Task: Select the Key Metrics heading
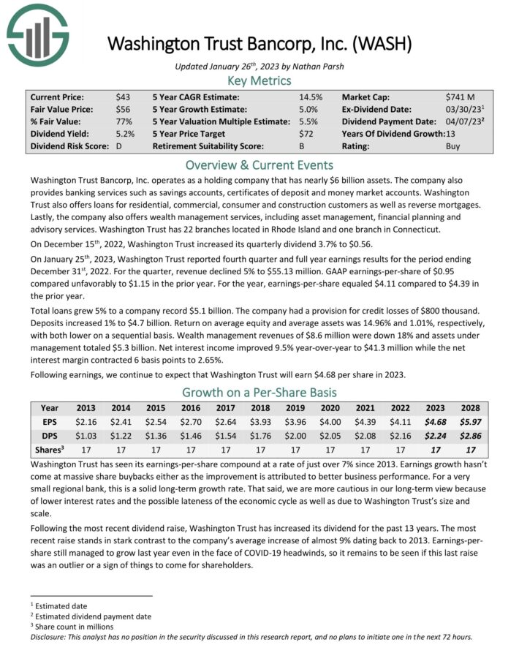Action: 259,80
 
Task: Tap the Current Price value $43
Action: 123,97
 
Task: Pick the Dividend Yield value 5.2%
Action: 125,134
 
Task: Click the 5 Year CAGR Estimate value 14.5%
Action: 309,97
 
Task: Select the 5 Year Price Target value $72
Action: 306,134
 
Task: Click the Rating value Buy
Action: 453,146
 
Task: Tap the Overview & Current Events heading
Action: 259,165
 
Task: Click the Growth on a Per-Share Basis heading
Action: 259,390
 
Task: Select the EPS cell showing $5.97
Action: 469,421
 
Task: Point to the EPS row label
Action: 50,421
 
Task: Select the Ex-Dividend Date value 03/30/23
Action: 461,109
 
